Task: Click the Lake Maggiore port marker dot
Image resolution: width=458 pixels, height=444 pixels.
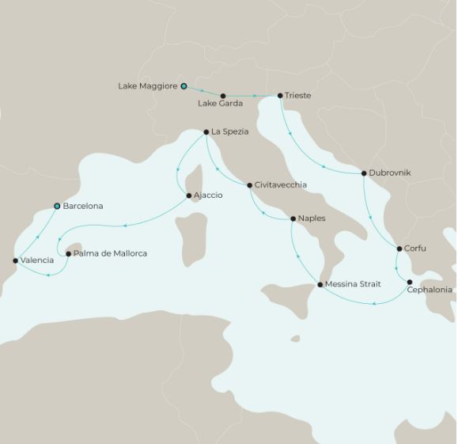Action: tap(184, 85)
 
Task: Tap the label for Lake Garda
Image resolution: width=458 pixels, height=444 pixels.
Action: tap(220, 104)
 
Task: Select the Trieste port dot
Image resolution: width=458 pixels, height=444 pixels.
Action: tap(280, 96)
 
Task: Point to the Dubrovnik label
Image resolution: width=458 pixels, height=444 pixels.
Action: tap(390, 173)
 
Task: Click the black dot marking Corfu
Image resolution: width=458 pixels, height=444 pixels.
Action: tap(399, 249)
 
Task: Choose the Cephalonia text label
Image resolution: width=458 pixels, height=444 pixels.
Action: tap(429, 290)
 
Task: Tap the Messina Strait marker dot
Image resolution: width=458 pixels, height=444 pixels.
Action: tap(320, 284)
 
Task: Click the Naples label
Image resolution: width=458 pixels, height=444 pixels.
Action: tap(312, 218)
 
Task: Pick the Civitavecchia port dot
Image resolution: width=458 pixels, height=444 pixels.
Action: tap(250, 185)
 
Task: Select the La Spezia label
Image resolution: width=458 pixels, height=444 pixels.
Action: tap(229, 132)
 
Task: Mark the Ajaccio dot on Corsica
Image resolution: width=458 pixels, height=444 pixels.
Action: tap(188, 195)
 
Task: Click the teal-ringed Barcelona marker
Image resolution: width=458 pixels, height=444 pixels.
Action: tap(57, 206)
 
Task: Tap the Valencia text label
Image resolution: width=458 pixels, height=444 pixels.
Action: tap(37, 260)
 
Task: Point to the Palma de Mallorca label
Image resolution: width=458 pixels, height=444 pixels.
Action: tap(110, 254)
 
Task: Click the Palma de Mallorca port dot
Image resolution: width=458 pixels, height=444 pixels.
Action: tap(68, 254)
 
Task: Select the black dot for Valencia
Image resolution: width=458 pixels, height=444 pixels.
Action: tap(16, 260)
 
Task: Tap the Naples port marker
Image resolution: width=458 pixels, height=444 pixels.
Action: tap(293, 218)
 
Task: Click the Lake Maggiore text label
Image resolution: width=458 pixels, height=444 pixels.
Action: tap(147, 85)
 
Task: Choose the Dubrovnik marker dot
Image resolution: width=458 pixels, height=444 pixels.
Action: tap(364, 173)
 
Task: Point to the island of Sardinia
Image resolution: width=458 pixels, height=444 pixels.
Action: tap(187, 237)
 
